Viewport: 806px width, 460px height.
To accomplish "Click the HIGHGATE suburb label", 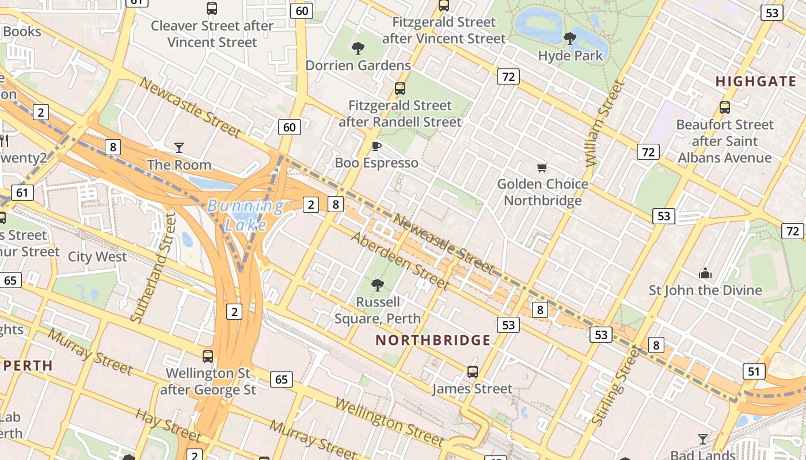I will tap(756, 82).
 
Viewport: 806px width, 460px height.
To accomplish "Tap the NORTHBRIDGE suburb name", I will tap(433, 340).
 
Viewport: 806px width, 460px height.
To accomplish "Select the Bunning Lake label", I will tap(246, 214).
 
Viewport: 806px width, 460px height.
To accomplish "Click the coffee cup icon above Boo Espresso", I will tap(377, 146).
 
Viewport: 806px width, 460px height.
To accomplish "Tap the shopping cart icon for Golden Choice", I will tap(542, 168).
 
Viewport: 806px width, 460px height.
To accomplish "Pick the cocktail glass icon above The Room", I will tap(179, 148).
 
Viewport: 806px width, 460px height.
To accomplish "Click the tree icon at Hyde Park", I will tap(570, 39).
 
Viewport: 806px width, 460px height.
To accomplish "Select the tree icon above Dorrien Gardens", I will tap(358, 48).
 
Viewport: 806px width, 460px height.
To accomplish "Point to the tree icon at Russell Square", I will tap(378, 285).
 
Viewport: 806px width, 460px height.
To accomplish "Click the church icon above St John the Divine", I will tap(705, 273).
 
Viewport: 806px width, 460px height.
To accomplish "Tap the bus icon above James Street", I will tap(473, 372).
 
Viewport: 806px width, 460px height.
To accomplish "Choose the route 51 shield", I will tap(754, 371).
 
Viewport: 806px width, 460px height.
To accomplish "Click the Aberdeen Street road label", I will tap(400, 261).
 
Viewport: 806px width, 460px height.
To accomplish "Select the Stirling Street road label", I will tap(616, 386).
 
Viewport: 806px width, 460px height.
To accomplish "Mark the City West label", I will tap(97, 256).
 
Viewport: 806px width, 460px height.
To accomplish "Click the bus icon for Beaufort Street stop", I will tap(725, 108).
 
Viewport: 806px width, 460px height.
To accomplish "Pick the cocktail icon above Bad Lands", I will tap(702, 439).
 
